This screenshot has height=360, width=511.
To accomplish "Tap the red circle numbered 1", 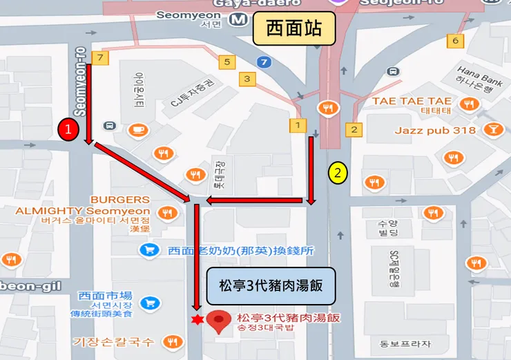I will pos(68,129).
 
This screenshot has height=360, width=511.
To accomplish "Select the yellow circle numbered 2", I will pos(337,173).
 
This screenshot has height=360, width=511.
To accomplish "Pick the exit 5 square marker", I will pos(227,62).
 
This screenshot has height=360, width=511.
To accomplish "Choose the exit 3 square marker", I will pos(247,79).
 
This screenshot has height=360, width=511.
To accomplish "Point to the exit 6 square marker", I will pos(455,41).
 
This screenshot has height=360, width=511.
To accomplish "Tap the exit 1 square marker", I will pos(298,125).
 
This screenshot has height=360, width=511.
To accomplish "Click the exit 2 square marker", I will pos(354,129).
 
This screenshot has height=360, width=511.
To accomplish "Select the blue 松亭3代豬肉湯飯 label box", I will pos(271,283).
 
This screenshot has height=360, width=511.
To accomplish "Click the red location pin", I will pos(220,321).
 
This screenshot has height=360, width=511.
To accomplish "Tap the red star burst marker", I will pos(197,320).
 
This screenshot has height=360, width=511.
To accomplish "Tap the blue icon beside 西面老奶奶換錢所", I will pos(148,250).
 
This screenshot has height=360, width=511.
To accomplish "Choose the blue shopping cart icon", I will pos(148,303).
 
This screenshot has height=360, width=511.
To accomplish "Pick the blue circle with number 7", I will pos(263,63).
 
